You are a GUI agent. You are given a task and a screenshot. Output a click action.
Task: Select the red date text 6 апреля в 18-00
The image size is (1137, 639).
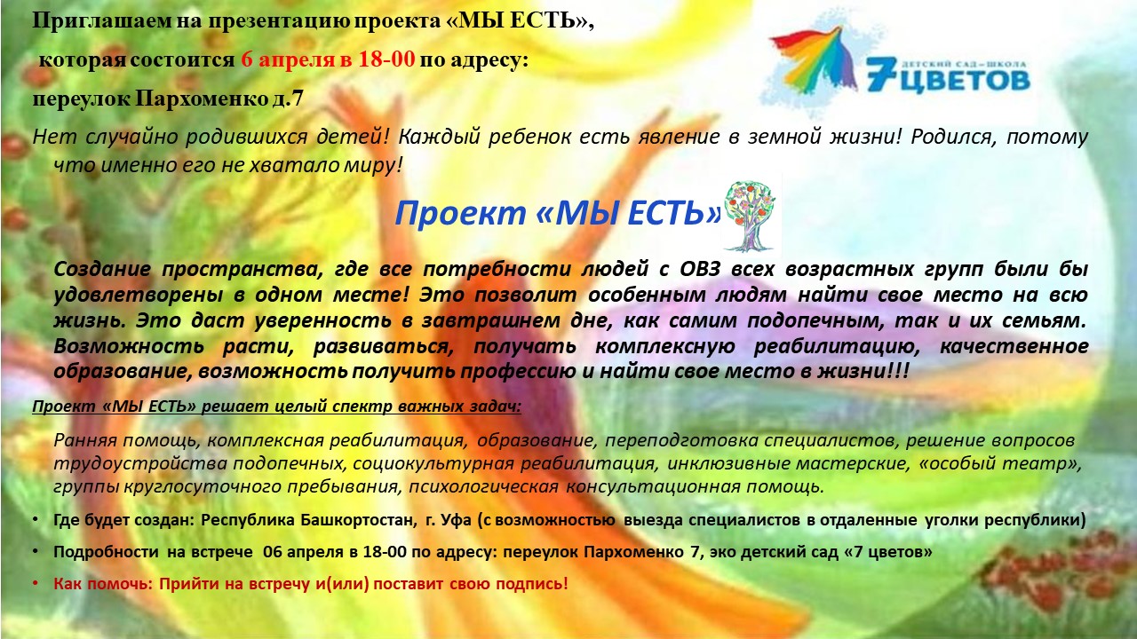328,59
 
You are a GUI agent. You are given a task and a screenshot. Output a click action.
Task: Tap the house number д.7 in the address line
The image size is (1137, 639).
288,99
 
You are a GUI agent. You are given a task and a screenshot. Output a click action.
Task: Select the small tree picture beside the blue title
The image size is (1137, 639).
750,216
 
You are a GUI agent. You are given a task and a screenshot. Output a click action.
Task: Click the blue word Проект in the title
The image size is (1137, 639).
460,213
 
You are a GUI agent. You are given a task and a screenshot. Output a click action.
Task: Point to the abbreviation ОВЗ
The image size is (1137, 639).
700,269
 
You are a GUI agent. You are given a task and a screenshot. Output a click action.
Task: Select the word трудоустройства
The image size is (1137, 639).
140,463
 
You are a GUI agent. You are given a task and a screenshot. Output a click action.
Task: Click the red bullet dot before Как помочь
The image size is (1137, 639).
36,584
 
